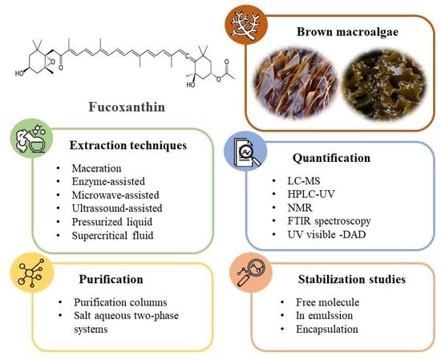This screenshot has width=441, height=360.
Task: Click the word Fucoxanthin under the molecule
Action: coord(127,107)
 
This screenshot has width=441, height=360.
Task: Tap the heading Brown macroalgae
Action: coord(347,31)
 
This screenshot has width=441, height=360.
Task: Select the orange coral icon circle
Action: coord(246,25)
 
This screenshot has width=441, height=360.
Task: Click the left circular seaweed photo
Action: coord(295,81)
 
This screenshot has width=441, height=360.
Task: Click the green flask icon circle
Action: coord(31,138)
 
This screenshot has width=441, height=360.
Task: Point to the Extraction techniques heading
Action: coord(128,145)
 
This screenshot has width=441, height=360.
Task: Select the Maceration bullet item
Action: coord(96,168)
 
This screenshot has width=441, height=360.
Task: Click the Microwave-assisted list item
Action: coord(115,195)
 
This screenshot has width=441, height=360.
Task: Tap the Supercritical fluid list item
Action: coord(112,235)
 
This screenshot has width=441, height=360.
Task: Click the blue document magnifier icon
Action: coord(245,151)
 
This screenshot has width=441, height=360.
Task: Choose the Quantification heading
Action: coord(331,158)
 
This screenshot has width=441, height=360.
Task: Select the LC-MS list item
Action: coord(304,180)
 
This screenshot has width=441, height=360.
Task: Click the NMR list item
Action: coord(300,208)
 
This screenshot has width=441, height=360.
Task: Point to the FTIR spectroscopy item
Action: coord(329,221)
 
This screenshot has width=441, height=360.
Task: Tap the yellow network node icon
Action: coord(31,273)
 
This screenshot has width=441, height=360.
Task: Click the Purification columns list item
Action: coord(120,302)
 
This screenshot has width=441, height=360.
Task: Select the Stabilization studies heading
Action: coord(352,279)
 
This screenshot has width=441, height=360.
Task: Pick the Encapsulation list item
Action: coord(327,329)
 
